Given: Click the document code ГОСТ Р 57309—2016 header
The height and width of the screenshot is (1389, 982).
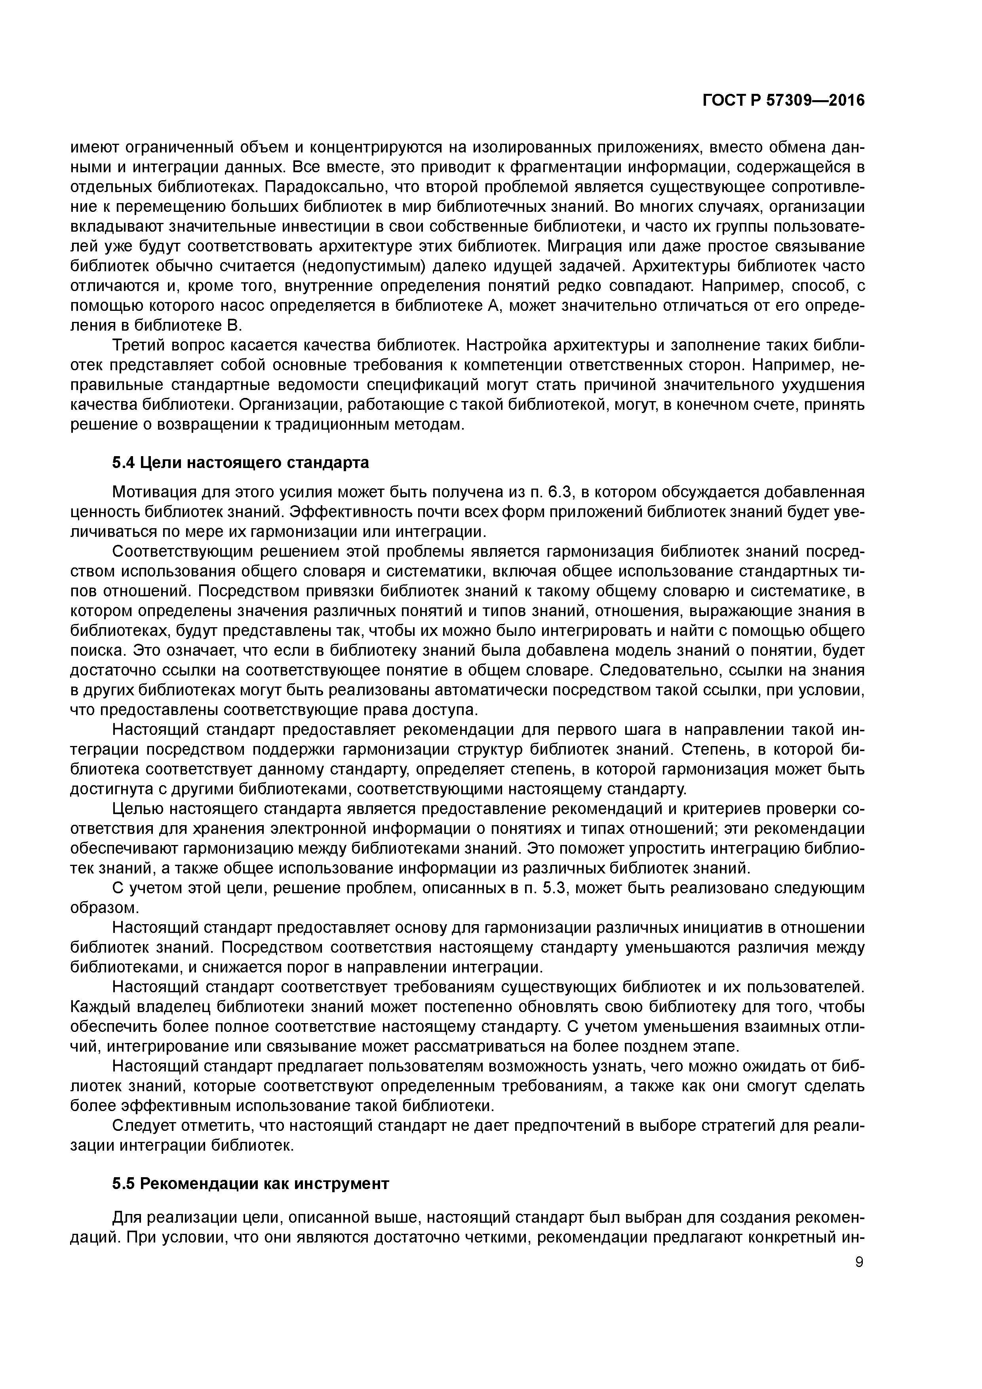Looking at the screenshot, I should (x=784, y=101).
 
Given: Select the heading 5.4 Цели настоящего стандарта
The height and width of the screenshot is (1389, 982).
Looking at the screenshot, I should (x=240, y=463).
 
